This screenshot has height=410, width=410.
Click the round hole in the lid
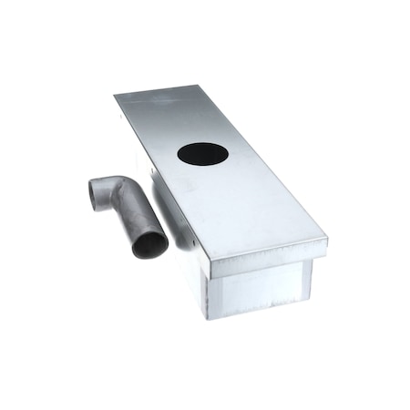[202, 154]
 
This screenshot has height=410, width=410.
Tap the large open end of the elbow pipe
[149, 244]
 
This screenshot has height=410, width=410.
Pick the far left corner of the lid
[116, 95]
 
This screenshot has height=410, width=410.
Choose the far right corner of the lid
[194, 87]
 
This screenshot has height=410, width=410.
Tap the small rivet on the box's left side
[194, 242]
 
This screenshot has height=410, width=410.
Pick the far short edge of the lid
[155, 90]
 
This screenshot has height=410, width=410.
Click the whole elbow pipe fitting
[128, 210]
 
